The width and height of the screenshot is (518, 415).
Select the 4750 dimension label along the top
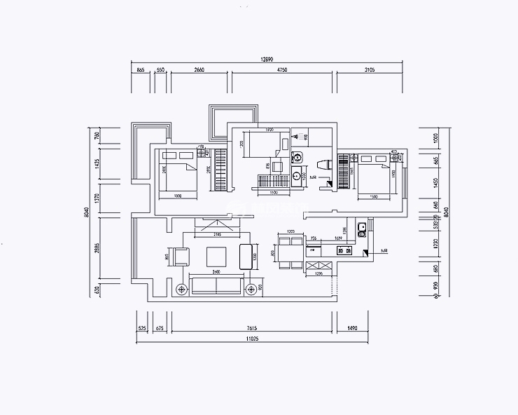click(x=282, y=71)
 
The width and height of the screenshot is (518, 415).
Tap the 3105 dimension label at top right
click(x=370, y=71)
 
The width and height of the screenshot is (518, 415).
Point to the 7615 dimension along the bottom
click(x=253, y=328)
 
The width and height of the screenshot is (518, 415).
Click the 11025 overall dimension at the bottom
click(x=253, y=339)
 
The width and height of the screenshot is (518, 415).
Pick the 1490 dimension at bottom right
click(x=352, y=328)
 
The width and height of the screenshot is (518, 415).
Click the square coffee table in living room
click(x=216, y=255)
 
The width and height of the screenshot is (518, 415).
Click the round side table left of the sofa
click(x=182, y=287)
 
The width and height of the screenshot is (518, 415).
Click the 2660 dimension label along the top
click(x=199, y=71)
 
